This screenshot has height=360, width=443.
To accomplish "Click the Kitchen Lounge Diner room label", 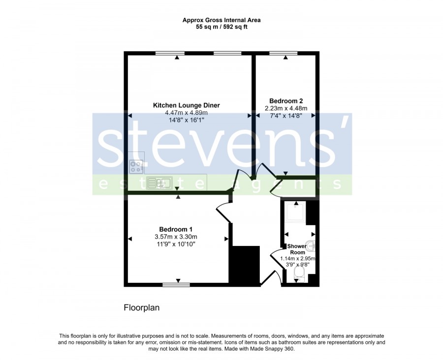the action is [x=186, y=105].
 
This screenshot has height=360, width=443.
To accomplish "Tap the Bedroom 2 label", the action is [x=286, y=101].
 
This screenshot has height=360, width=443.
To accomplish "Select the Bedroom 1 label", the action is [x=176, y=229].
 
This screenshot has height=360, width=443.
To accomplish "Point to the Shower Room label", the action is [x=297, y=249].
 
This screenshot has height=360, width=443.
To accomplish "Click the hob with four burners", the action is [x=136, y=167].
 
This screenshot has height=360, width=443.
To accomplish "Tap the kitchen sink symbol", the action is [x=159, y=182].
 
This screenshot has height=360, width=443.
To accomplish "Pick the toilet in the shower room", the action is [x=299, y=274].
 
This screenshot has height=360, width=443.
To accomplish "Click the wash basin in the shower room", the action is [x=312, y=246].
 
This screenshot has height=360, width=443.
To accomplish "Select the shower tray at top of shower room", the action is [x=295, y=211].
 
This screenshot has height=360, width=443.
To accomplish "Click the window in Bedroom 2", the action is [x=284, y=53].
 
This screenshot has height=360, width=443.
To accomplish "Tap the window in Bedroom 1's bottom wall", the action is [x=176, y=285].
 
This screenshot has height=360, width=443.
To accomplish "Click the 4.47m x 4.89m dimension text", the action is [x=187, y=113].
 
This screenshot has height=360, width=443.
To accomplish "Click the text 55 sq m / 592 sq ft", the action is [x=221, y=27].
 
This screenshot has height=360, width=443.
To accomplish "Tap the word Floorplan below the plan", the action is [x=142, y=307].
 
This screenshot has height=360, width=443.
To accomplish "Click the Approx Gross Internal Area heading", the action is [x=221, y=20].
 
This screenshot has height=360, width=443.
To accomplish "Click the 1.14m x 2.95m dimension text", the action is [x=298, y=258].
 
